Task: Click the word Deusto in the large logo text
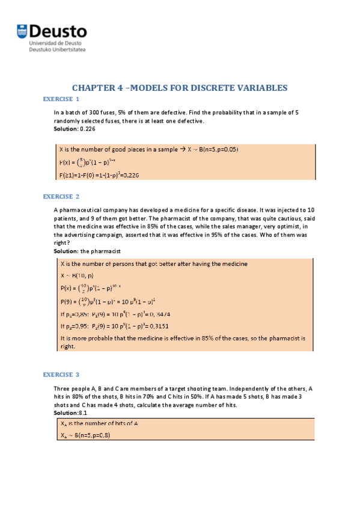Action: (58, 31)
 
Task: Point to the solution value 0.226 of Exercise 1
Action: (88, 129)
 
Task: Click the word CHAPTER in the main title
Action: (95, 88)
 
